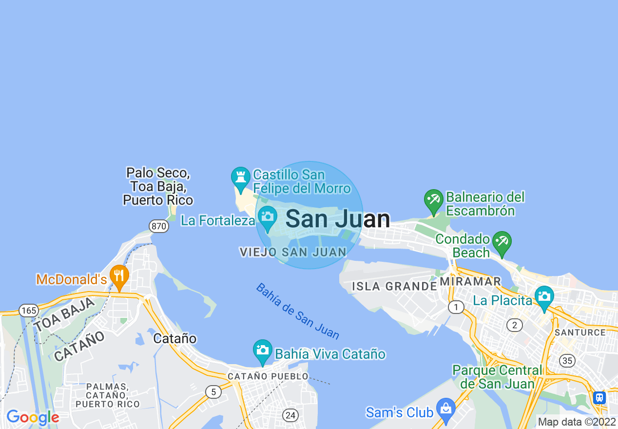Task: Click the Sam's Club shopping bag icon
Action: tap(445, 409)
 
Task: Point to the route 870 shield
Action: tap(159, 226)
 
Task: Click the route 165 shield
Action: tap(29, 310)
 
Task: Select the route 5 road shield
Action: tap(212, 391)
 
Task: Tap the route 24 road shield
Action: tap(290, 415)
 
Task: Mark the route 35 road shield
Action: tap(567, 361)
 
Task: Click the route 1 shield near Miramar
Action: tap(456, 307)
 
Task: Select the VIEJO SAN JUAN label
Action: tap(293, 252)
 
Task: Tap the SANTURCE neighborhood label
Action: tap(580, 332)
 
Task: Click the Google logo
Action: tap(32, 417)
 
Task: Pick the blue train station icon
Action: tap(599, 397)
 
